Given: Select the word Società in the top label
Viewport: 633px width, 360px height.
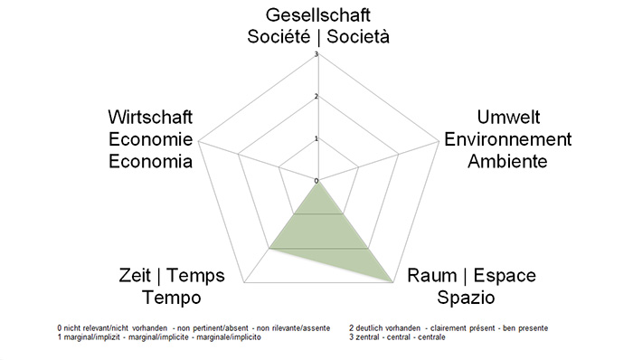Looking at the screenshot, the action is (x=365, y=36).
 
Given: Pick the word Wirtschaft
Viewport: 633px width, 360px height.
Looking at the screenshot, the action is (x=150, y=118).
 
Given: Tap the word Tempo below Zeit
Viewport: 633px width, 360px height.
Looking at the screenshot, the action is (x=172, y=298).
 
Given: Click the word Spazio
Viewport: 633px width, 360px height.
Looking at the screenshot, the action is (x=468, y=298).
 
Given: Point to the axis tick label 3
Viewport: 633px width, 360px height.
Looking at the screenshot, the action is (x=316, y=54).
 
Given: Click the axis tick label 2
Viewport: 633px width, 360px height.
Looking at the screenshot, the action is (x=316, y=97).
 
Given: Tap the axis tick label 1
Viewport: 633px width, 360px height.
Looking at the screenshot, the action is (x=316, y=138).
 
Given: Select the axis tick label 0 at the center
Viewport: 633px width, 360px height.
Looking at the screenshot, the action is (x=316, y=181).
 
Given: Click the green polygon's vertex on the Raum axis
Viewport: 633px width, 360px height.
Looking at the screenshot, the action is (x=392, y=283).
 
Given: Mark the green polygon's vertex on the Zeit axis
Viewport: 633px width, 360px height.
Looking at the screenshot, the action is (x=270, y=246).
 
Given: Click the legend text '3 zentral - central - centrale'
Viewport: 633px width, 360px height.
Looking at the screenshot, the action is (x=395, y=337).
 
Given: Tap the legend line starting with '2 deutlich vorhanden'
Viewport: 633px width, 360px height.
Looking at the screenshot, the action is (x=448, y=327).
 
